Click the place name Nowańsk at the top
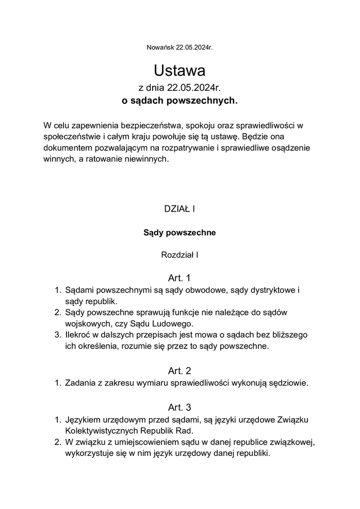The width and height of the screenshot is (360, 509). click(160, 47)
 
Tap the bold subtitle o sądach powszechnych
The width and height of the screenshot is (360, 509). click(179, 101)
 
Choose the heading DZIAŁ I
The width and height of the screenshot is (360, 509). click(179, 209)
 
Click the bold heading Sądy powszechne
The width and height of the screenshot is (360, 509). click(179, 233)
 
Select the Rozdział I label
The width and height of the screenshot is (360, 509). click(179, 254)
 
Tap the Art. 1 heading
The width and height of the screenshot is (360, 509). click(179, 278)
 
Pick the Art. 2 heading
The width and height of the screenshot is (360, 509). click(179, 371)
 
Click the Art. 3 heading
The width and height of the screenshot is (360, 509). click(179, 407)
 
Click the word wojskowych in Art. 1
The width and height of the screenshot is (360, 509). click(86, 324)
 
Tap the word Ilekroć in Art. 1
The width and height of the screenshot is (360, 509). click(79, 335)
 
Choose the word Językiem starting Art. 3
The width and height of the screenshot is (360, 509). click(84, 419)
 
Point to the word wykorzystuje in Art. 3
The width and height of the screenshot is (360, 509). click(89, 454)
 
